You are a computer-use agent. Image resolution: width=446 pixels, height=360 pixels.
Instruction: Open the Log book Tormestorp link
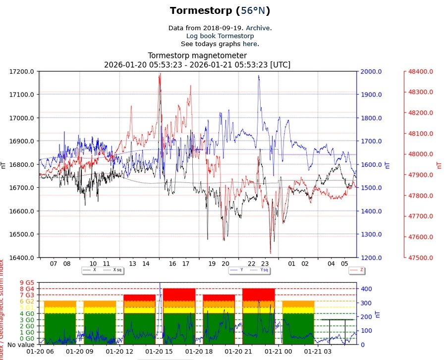[220, 36]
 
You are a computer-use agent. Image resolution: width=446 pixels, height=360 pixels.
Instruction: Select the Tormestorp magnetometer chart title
[197, 56]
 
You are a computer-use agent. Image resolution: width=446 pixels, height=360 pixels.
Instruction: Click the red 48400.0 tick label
[421, 71]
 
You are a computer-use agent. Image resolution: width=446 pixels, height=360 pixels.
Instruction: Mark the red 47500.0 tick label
[421, 257]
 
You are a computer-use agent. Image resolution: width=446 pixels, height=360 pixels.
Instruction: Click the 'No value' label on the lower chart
[21, 345]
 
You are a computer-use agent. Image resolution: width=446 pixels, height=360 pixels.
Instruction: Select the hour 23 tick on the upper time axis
[265, 264]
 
